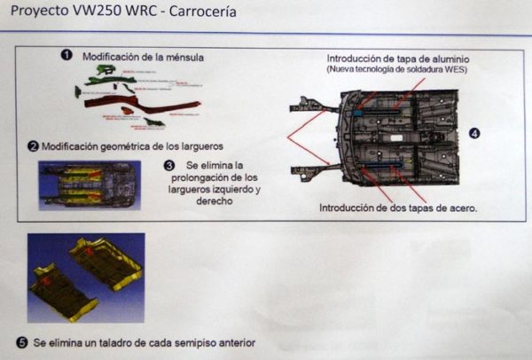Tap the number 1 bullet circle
point(66,54)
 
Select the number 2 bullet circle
point(33,145)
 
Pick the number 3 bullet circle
point(169,166)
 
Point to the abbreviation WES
point(455,68)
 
